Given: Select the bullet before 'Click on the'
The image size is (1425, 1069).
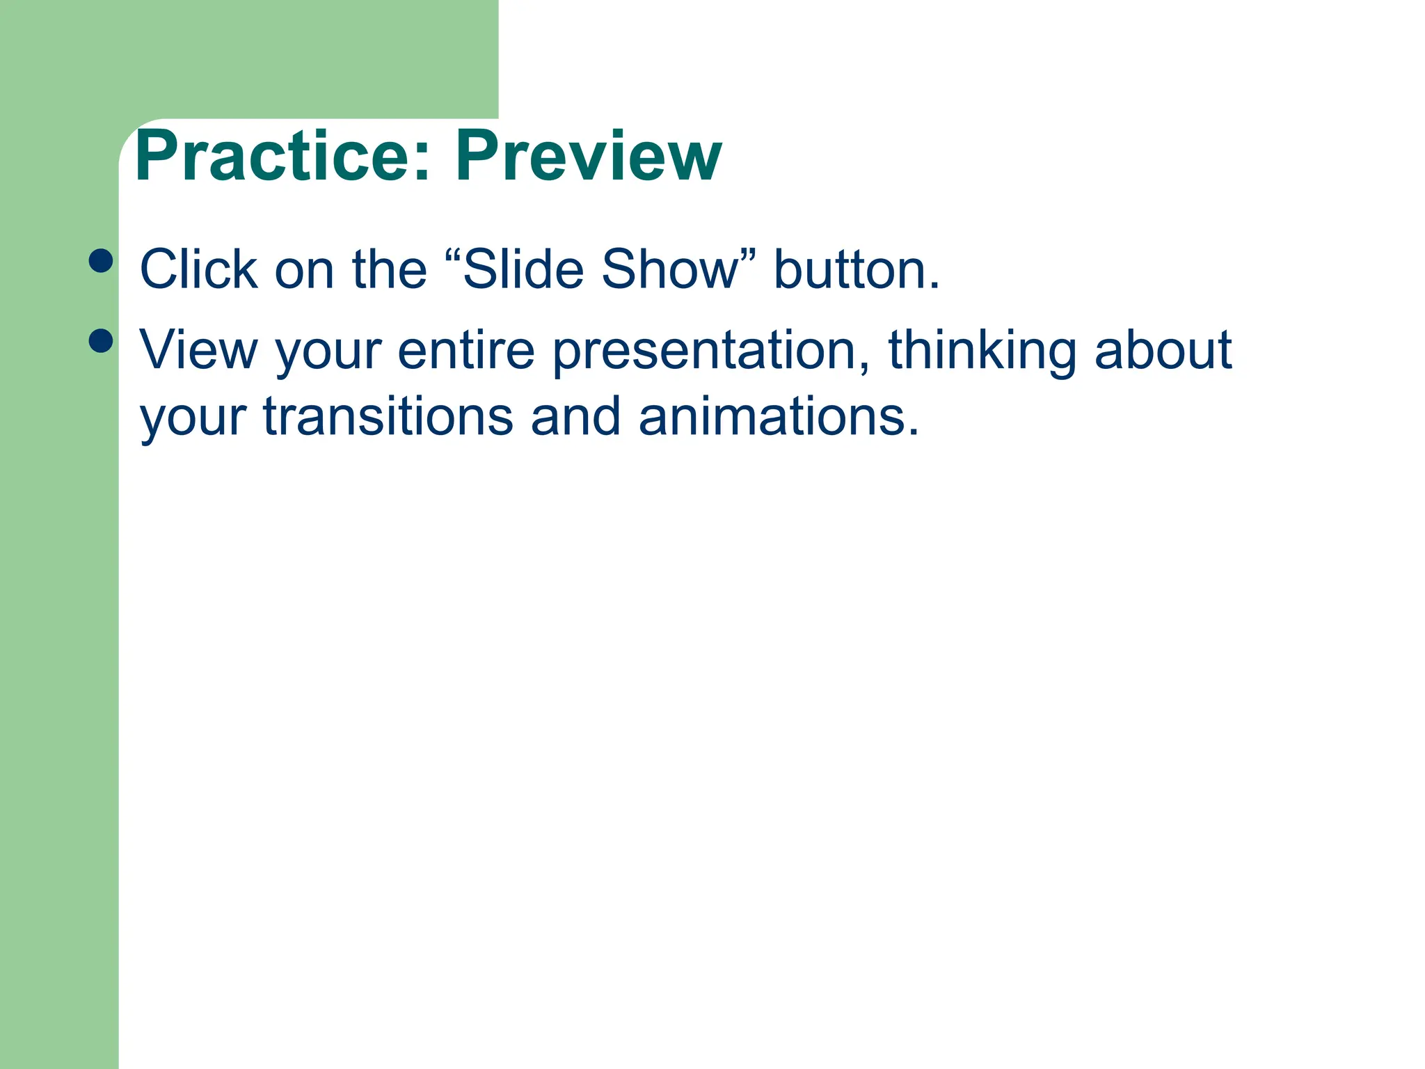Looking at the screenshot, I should [x=101, y=261].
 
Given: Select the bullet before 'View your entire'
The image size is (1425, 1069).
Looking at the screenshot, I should [x=101, y=341].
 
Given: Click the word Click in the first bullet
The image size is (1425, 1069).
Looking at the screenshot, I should [x=198, y=269].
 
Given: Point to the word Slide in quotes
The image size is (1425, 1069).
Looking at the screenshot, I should [x=523, y=269].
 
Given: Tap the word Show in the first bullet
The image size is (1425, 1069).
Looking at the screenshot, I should [x=669, y=269].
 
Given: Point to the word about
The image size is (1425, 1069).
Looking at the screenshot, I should [x=1163, y=349].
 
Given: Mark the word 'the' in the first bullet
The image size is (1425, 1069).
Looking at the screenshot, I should [x=389, y=269].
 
